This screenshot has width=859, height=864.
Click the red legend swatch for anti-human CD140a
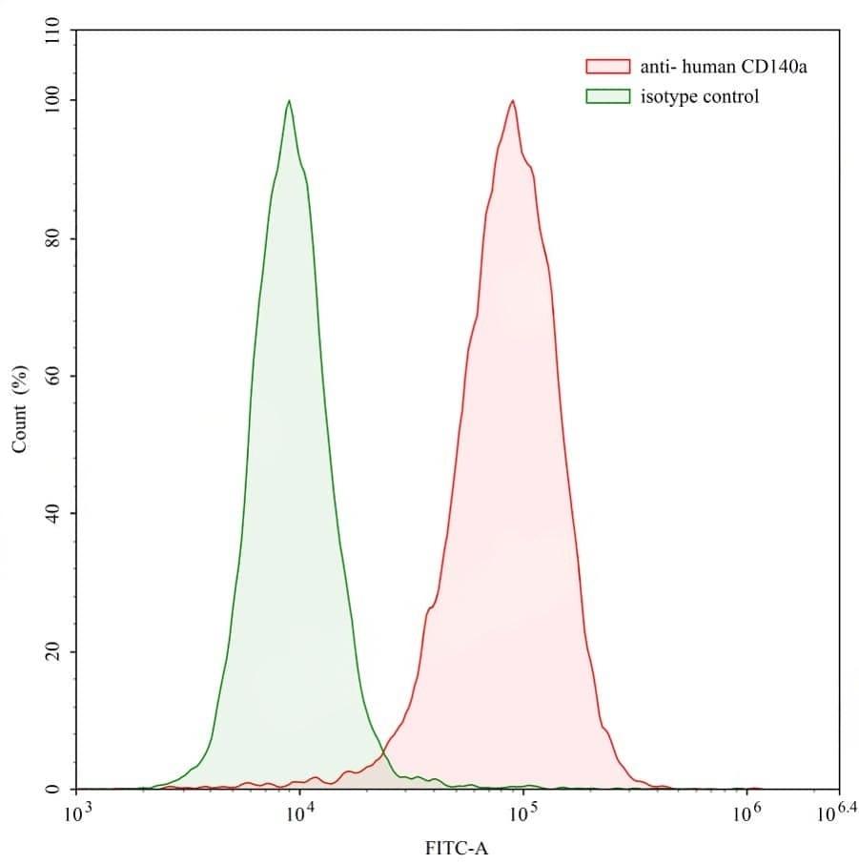[x=607, y=67]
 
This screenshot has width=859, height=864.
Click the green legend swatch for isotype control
[x=607, y=96]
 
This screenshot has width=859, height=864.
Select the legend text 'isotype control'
[x=700, y=96]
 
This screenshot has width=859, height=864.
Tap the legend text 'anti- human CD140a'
[x=725, y=67]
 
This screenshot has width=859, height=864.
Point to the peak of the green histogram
[x=288, y=100]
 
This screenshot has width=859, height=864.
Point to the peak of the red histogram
[x=513, y=100]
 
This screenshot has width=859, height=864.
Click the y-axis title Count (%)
[x=18, y=409]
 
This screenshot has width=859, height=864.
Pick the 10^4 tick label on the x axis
[x=299, y=813]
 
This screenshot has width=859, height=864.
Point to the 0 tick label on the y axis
[x=54, y=790]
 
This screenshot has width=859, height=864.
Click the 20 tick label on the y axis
[x=54, y=651]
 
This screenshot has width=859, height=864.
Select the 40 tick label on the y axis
[x=54, y=513]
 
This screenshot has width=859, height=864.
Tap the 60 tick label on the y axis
[x=54, y=376]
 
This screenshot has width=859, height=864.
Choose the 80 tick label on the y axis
[x=54, y=237]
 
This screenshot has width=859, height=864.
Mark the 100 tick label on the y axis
[x=54, y=100]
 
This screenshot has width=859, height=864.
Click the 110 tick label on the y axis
[x=54, y=33]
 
